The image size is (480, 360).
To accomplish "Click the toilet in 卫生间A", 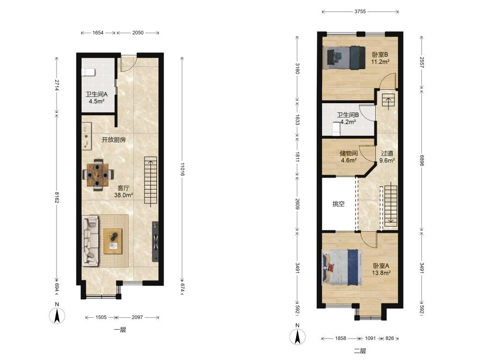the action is pos(88,72).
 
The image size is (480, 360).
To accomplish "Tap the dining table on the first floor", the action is pos(98,175).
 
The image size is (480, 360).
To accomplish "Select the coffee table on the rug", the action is pos(113,241).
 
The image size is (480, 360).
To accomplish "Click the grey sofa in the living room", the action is pos(90,240).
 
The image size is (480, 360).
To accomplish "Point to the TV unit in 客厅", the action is pos(156,241).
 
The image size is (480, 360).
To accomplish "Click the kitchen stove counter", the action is pos(86,136).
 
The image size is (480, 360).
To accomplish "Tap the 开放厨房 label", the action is pos(114,140).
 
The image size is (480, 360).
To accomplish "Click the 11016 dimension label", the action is pos(182,169).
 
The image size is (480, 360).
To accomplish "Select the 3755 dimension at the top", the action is pos(360,12).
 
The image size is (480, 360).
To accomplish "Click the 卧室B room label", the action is pos(380,55).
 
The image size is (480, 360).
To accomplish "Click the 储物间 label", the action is pos(348,153).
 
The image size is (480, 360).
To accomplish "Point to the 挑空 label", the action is pos(338,204).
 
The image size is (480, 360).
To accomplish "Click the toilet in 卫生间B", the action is pos(336,129).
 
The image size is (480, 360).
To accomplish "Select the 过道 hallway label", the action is pos(387,153).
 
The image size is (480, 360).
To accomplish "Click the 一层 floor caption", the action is pos(120,330).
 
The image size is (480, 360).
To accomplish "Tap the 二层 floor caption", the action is pos(360,351).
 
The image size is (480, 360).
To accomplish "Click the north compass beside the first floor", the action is pos(57,314).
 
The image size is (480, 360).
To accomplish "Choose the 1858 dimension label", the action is pos(340,338).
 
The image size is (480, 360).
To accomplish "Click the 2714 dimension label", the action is pos(57,85).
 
